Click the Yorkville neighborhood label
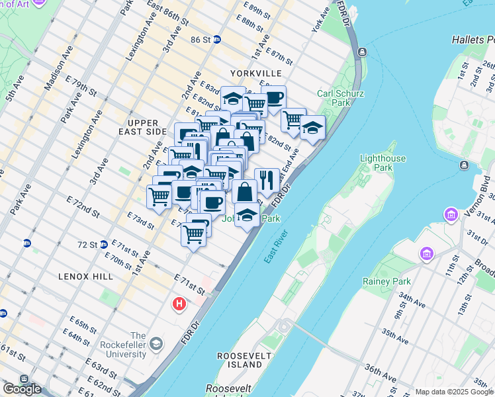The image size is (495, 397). click(256, 73)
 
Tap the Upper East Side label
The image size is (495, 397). click(144, 128)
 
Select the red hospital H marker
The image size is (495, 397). click(179, 304)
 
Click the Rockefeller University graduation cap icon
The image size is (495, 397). click(156, 344)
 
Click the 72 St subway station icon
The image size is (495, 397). click(104, 245)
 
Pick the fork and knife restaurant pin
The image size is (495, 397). click(267, 179)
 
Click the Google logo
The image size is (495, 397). click(22, 389)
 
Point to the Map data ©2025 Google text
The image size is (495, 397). click(453, 392)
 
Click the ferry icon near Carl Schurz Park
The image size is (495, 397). click(362, 52)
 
